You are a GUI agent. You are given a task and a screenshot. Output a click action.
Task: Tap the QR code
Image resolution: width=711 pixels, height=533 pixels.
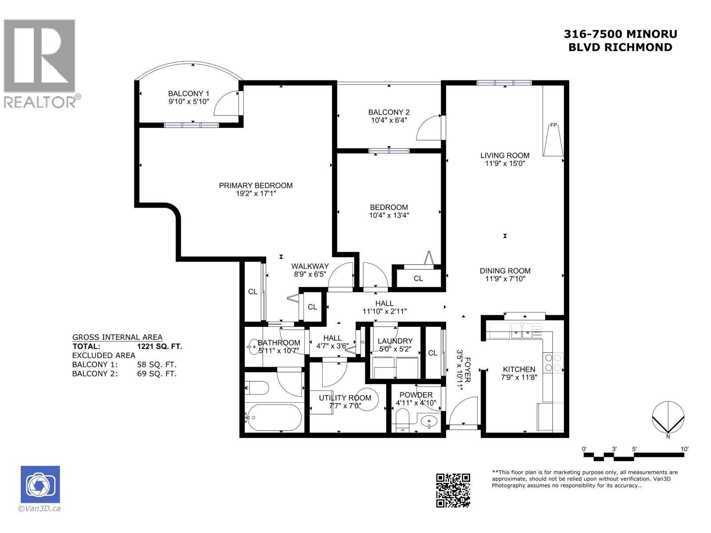click(x=453, y=490)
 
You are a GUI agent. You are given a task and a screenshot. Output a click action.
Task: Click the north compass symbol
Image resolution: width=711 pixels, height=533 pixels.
click(x=668, y=418)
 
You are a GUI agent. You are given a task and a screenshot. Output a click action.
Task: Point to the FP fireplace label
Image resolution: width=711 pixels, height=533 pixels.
click(x=554, y=125)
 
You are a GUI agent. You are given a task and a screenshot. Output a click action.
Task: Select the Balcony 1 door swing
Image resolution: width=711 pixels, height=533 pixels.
click(x=227, y=103)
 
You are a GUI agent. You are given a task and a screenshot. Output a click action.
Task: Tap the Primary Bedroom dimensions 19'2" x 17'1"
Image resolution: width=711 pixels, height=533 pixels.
click(x=256, y=194)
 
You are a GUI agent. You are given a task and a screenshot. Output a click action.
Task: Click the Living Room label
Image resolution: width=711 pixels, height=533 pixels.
click(x=505, y=155)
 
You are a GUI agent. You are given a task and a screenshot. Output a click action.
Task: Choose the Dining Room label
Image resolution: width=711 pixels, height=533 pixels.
click(x=505, y=271)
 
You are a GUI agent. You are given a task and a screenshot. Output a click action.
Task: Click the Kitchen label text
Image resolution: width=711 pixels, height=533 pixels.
click(x=519, y=370)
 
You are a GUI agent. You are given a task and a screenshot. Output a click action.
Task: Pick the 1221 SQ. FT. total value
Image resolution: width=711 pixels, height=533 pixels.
click(x=160, y=346)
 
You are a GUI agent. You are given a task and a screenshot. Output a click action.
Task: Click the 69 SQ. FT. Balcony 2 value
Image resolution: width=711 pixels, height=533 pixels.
click(x=157, y=374)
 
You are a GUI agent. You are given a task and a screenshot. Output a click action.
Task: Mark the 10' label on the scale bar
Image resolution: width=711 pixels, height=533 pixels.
click(x=684, y=449)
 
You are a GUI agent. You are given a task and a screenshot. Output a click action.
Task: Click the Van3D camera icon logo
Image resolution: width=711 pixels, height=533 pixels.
click(x=40, y=485)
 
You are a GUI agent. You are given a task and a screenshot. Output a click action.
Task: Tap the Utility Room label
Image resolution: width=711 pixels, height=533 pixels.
click(x=345, y=398)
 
